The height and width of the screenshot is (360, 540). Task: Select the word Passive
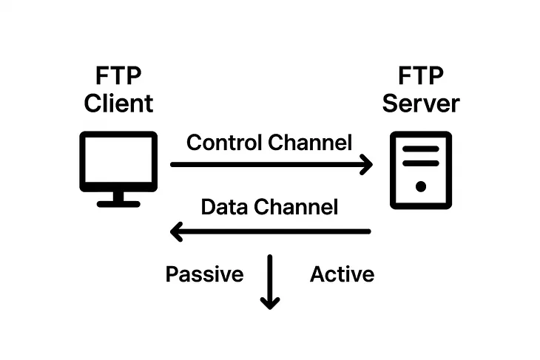click(204, 275)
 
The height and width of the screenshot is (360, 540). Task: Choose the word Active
click(342, 275)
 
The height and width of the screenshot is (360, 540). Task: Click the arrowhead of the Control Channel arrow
click(365, 165)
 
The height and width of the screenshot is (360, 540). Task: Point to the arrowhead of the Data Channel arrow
click(178, 231)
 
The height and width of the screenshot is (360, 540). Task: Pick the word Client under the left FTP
click(118, 103)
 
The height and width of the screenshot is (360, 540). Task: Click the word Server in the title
click(420, 103)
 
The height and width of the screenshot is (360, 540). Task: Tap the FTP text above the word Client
click(118, 75)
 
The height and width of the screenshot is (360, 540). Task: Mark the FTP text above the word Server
click(421, 75)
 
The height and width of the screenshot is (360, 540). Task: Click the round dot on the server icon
click(421, 186)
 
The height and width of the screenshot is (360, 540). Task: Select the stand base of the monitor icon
click(118, 203)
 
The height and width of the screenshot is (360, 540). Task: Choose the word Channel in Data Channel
click(296, 207)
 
